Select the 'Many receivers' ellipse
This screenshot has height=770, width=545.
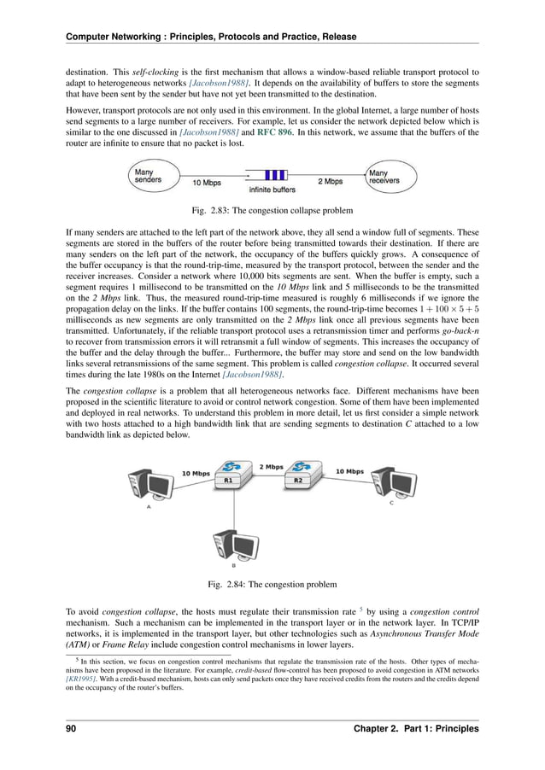(389, 177)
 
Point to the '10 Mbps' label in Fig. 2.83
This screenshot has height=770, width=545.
(206, 183)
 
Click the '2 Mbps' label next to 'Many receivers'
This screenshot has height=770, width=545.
(330, 182)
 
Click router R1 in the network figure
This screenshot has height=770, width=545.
(228, 472)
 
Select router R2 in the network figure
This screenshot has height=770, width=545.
(298, 472)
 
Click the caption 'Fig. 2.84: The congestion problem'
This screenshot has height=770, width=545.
(272, 585)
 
